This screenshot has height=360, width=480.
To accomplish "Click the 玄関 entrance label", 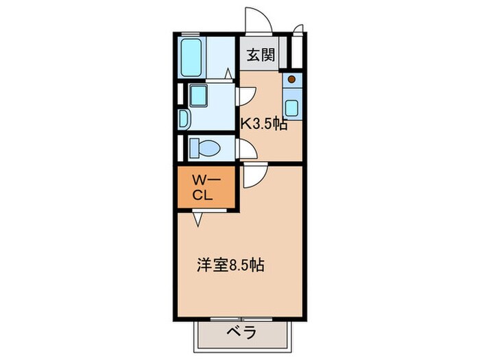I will (261, 55).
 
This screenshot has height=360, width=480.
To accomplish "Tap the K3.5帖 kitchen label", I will (263, 124).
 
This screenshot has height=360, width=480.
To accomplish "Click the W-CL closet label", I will (204, 188).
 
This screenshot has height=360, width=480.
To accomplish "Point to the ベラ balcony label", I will (241, 333).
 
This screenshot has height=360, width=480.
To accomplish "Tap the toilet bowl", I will (204, 148).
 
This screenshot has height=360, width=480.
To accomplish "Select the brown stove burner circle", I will (292, 80).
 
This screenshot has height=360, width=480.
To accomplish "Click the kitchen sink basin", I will (292, 108).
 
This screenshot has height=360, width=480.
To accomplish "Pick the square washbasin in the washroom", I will (200, 96).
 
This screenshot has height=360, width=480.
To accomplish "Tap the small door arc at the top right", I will (298, 29).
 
